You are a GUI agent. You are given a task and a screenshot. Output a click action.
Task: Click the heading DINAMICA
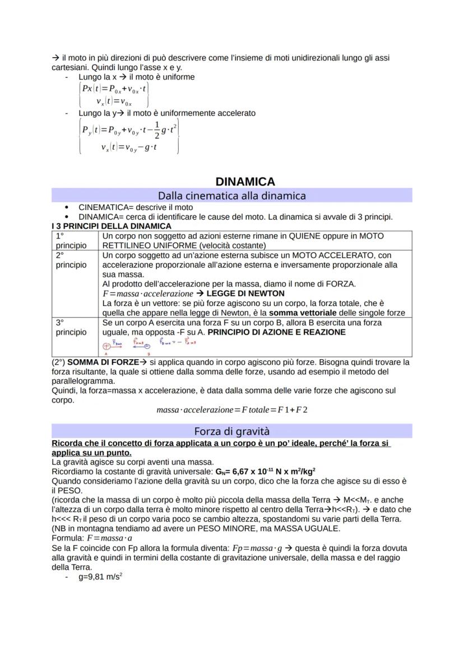(245, 182)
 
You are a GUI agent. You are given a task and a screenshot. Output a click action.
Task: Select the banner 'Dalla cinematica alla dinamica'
(231, 196)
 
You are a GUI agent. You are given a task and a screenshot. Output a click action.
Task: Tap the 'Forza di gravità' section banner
(231, 431)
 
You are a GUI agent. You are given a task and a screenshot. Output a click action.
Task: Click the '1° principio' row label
(71, 241)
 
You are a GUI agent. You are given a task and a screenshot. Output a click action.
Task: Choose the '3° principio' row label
(71, 327)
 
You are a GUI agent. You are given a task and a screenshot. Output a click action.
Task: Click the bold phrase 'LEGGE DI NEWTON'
(245, 294)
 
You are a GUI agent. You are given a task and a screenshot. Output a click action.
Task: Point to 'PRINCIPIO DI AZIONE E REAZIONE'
(276, 332)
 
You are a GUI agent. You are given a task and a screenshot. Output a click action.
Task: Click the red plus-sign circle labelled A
(106, 346)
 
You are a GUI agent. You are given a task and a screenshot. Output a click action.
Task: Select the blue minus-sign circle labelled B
(148, 346)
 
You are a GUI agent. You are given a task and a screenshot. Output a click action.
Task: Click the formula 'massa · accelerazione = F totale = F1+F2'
(232, 410)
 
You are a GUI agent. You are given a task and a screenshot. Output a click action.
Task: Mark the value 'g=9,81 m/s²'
(100, 576)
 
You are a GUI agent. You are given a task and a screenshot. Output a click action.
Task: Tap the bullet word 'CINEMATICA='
(103, 207)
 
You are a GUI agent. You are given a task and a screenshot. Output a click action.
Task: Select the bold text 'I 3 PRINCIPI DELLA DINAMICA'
(111, 226)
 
